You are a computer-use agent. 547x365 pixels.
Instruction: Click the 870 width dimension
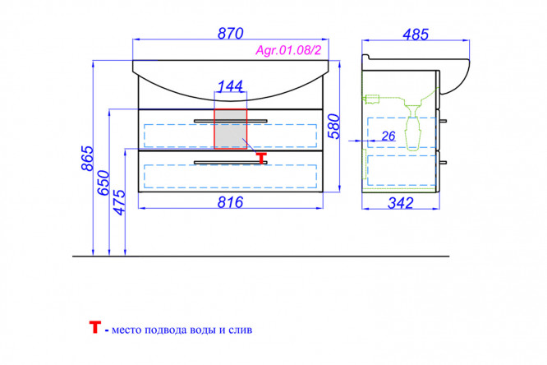point(230,34)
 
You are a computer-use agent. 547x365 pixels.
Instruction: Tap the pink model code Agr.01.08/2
point(288,50)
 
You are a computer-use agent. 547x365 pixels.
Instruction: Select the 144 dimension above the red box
point(230,86)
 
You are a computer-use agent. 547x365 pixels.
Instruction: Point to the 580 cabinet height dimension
point(334,126)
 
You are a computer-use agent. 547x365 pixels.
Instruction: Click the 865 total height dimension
point(88,158)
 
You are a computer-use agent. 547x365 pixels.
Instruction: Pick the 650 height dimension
point(103,182)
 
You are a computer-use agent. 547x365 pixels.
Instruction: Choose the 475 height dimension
point(119,202)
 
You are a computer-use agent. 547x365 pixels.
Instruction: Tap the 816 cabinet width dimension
point(230,202)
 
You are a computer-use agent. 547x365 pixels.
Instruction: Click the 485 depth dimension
point(415,35)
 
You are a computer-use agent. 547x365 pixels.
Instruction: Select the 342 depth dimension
point(401,203)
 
